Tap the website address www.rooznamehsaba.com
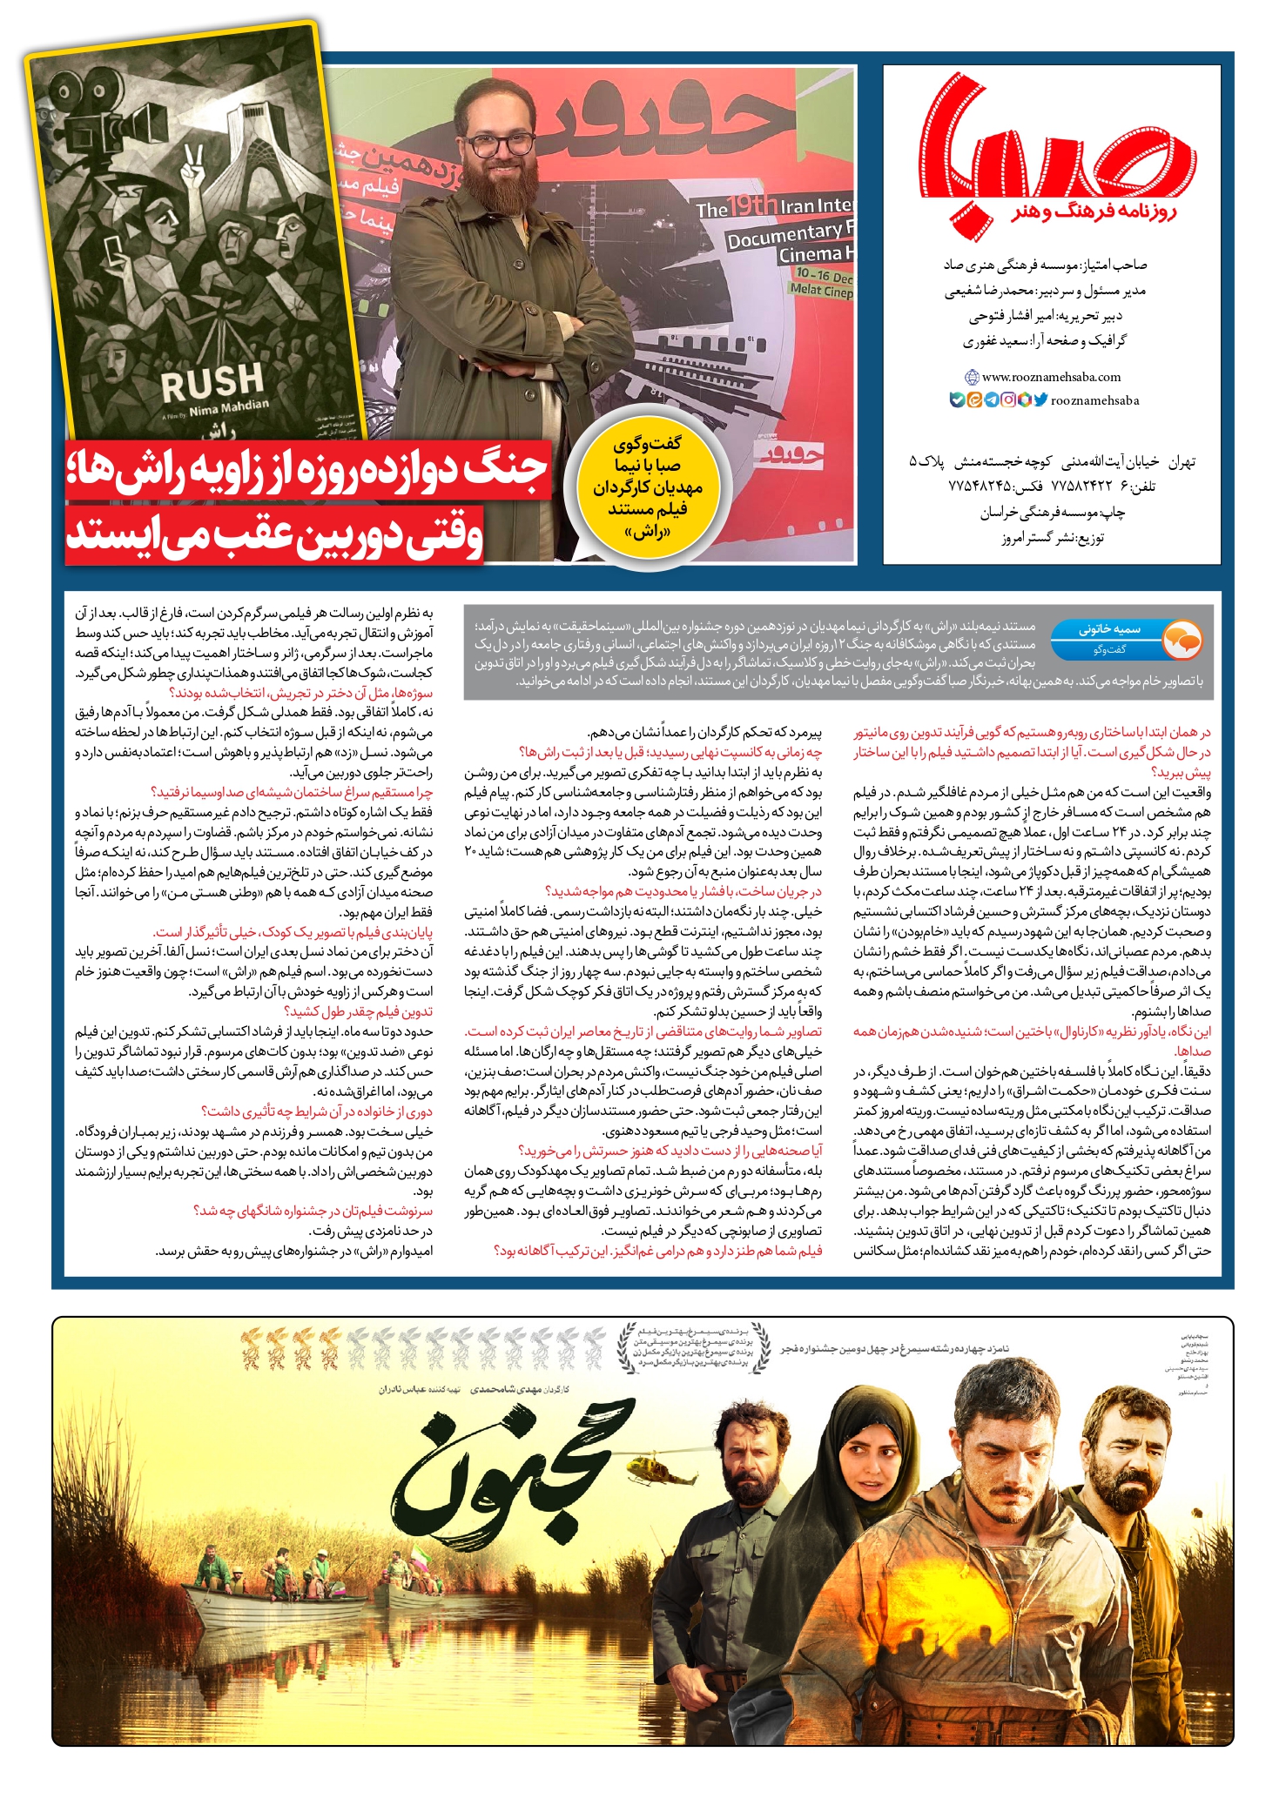(x=1050, y=377)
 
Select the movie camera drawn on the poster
(x=96, y=122)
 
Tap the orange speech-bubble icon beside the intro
(x=1181, y=641)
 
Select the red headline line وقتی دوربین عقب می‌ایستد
(x=274, y=537)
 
